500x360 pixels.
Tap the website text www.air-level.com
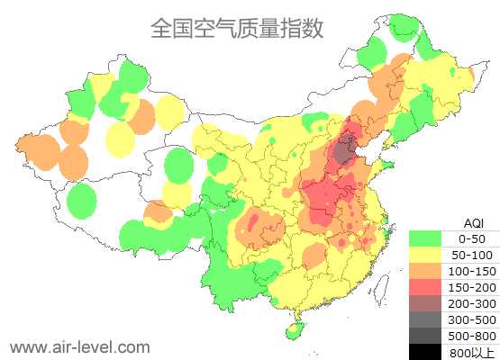(x=79, y=346)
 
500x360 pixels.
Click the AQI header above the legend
(x=473, y=222)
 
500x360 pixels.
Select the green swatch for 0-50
(x=425, y=238)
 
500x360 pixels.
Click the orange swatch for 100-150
(x=425, y=271)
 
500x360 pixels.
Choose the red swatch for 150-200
(x=425, y=287)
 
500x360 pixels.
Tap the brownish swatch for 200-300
(x=425, y=303)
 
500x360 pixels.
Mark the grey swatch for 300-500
(x=425, y=319)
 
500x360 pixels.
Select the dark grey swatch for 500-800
(x=425, y=336)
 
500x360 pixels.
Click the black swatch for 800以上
(x=425, y=351)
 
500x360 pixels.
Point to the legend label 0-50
(x=472, y=238)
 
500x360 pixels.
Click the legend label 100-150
(x=472, y=271)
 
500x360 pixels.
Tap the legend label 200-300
(x=472, y=303)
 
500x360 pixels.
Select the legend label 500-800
(x=472, y=336)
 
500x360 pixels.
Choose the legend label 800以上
(x=472, y=352)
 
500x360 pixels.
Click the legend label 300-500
(x=472, y=319)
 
